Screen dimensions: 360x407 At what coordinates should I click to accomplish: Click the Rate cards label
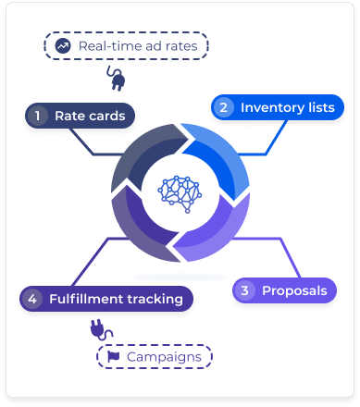point(90,116)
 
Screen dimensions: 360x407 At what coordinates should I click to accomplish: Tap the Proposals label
point(293,290)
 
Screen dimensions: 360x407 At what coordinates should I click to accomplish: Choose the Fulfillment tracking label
point(118,299)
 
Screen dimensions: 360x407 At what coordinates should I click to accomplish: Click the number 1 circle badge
point(38,116)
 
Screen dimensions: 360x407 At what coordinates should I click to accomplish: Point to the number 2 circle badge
point(224,107)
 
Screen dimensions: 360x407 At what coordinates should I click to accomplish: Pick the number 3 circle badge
point(244,290)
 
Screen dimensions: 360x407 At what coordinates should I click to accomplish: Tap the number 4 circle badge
point(33,299)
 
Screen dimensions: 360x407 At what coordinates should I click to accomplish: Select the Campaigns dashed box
point(154,356)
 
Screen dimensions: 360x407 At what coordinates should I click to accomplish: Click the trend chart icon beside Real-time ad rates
point(64,44)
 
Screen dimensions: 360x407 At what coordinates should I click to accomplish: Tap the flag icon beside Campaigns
point(113,356)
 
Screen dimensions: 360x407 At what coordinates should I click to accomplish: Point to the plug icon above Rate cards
point(117,80)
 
